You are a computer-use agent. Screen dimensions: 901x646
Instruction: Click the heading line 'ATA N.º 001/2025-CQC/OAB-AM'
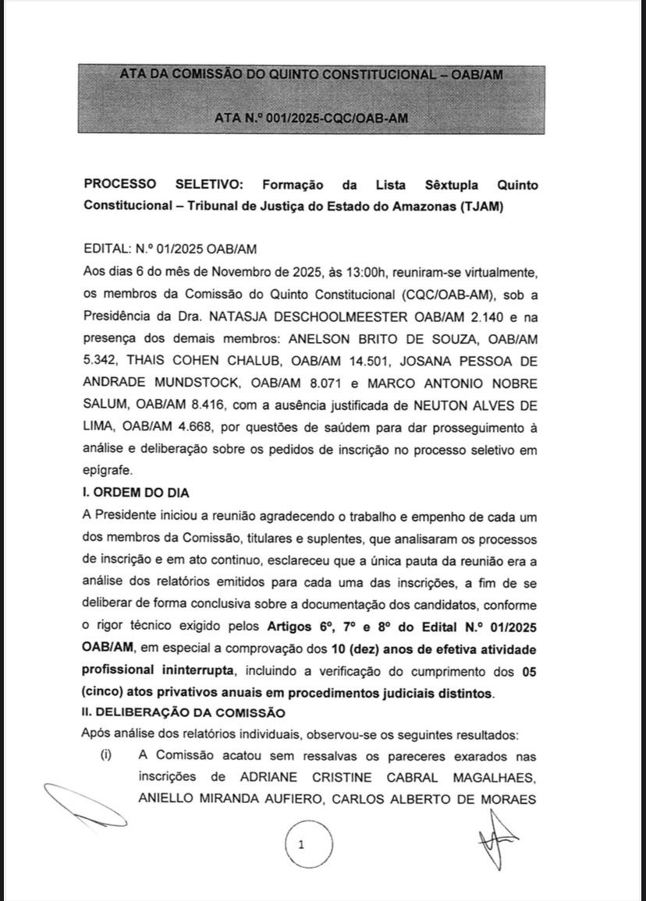tap(311, 118)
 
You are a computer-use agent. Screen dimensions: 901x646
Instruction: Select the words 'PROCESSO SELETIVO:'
tap(164, 185)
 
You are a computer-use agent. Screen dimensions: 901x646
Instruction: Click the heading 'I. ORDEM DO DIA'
tap(136, 493)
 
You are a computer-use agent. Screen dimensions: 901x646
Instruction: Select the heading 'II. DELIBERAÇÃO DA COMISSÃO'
tap(183, 712)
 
